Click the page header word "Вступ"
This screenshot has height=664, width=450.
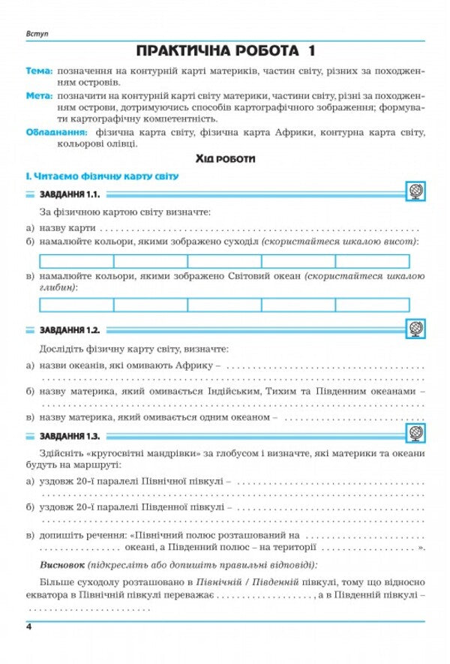(35, 35)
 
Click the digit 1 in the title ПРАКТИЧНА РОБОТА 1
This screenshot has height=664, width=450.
(309, 52)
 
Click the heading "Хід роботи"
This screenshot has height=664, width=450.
(225, 159)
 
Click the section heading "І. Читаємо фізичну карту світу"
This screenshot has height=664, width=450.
(101, 176)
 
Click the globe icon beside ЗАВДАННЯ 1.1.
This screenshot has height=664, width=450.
(415, 193)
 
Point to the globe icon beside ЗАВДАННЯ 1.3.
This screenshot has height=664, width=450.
(415, 434)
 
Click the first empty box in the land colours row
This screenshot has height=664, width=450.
(76, 261)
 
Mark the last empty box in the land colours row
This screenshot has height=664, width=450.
(373, 261)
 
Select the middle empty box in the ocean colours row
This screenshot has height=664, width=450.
(224, 305)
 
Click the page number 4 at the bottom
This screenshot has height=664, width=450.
(28, 626)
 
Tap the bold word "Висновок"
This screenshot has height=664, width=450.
(61, 565)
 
